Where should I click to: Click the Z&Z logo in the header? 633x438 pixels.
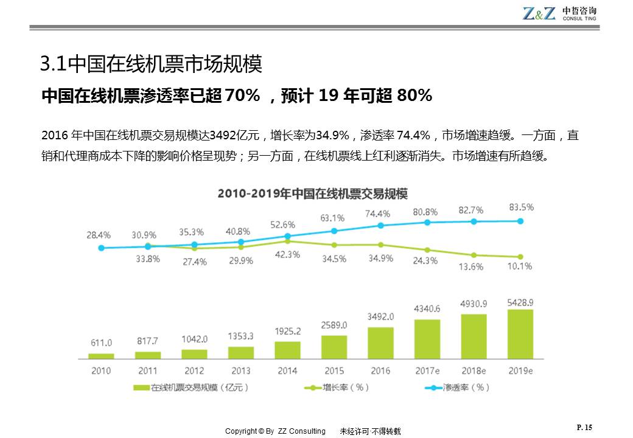[x=539, y=13]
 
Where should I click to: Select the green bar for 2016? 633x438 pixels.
[x=380, y=342]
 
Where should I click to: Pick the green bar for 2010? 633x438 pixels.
[x=101, y=355]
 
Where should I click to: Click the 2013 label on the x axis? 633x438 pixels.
[x=240, y=370]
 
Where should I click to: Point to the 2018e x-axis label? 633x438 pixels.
[x=474, y=370]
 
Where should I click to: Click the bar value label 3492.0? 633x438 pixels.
[x=381, y=317]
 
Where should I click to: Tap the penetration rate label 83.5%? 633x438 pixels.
[x=521, y=207]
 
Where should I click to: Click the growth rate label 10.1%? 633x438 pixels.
[x=520, y=266]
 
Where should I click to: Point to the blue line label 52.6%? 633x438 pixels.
[x=282, y=224]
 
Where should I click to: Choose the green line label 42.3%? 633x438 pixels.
[x=287, y=254]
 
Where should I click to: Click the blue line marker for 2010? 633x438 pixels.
[x=101, y=248]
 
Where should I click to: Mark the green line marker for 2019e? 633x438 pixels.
[x=520, y=257]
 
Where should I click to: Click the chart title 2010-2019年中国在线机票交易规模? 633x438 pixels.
[x=313, y=194]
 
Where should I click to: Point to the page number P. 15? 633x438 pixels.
[x=584, y=428]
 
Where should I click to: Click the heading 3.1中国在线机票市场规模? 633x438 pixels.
[x=150, y=63]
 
